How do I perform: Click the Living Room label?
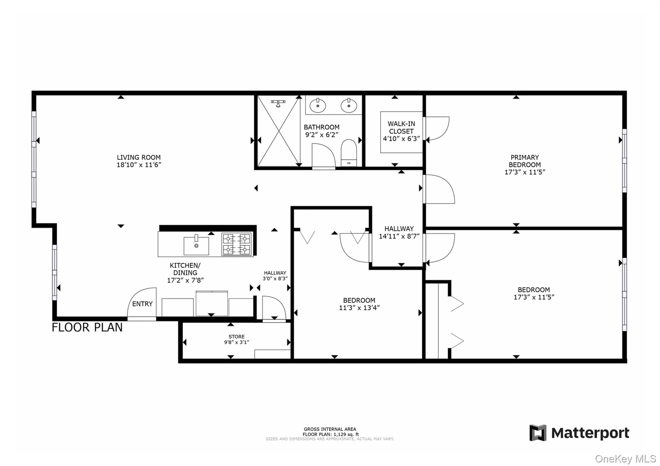(x=139, y=157)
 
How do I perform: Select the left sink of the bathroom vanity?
(x=318, y=106)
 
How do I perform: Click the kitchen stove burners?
(x=236, y=245)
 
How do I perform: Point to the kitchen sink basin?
(x=196, y=246)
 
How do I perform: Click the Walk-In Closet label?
(x=401, y=127)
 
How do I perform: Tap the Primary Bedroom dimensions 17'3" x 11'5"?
(x=525, y=172)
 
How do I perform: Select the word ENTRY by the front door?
(x=142, y=304)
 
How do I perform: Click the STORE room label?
(x=237, y=336)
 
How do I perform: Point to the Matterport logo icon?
(x=538, y=433)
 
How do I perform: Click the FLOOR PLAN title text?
(x=87, y=327)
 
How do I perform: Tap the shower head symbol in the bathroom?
(x=278, y=103)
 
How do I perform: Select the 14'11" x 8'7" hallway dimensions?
(x=399, y=236)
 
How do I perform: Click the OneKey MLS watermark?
(x=626, y=459)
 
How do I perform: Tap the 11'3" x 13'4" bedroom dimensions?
(x=359, y=308)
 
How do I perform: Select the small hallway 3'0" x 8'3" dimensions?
(x=275, y=278)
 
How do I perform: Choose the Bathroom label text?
(x=322, y=127)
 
